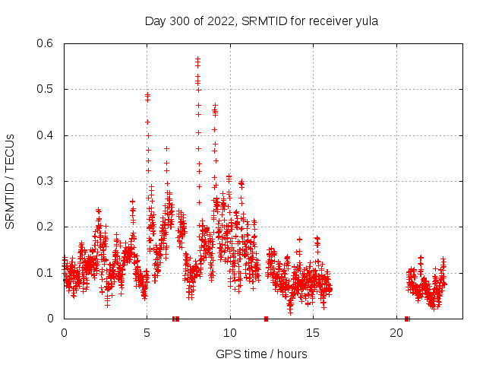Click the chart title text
pos(261,21)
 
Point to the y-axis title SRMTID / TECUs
pos(10,182)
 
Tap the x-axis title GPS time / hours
pos(261,354)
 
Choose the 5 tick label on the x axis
pos(147,333)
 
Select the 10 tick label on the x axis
pos(230,333)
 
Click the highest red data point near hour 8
pos(197,59)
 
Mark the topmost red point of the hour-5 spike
pos(147,95)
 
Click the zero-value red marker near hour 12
pos(266,319)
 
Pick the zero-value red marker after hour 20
pos(407,319)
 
